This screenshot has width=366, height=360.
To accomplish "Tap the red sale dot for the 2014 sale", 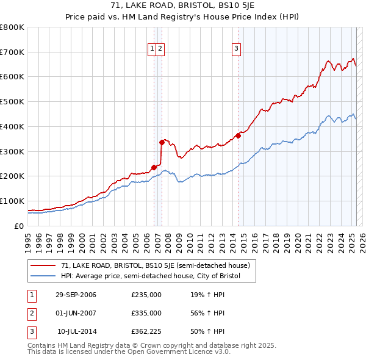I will [238, 135].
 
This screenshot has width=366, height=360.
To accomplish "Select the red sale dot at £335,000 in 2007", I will [162, 142].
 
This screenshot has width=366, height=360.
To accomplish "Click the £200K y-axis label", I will [12, 176].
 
